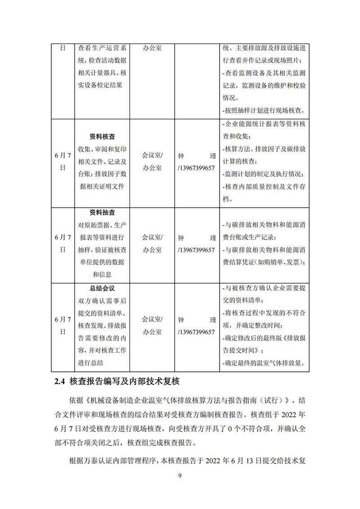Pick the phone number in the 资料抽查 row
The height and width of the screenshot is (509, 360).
[197, 250]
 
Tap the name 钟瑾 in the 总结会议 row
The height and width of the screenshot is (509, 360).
[197, 320]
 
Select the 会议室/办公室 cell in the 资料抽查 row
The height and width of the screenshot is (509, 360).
[153, 244]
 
